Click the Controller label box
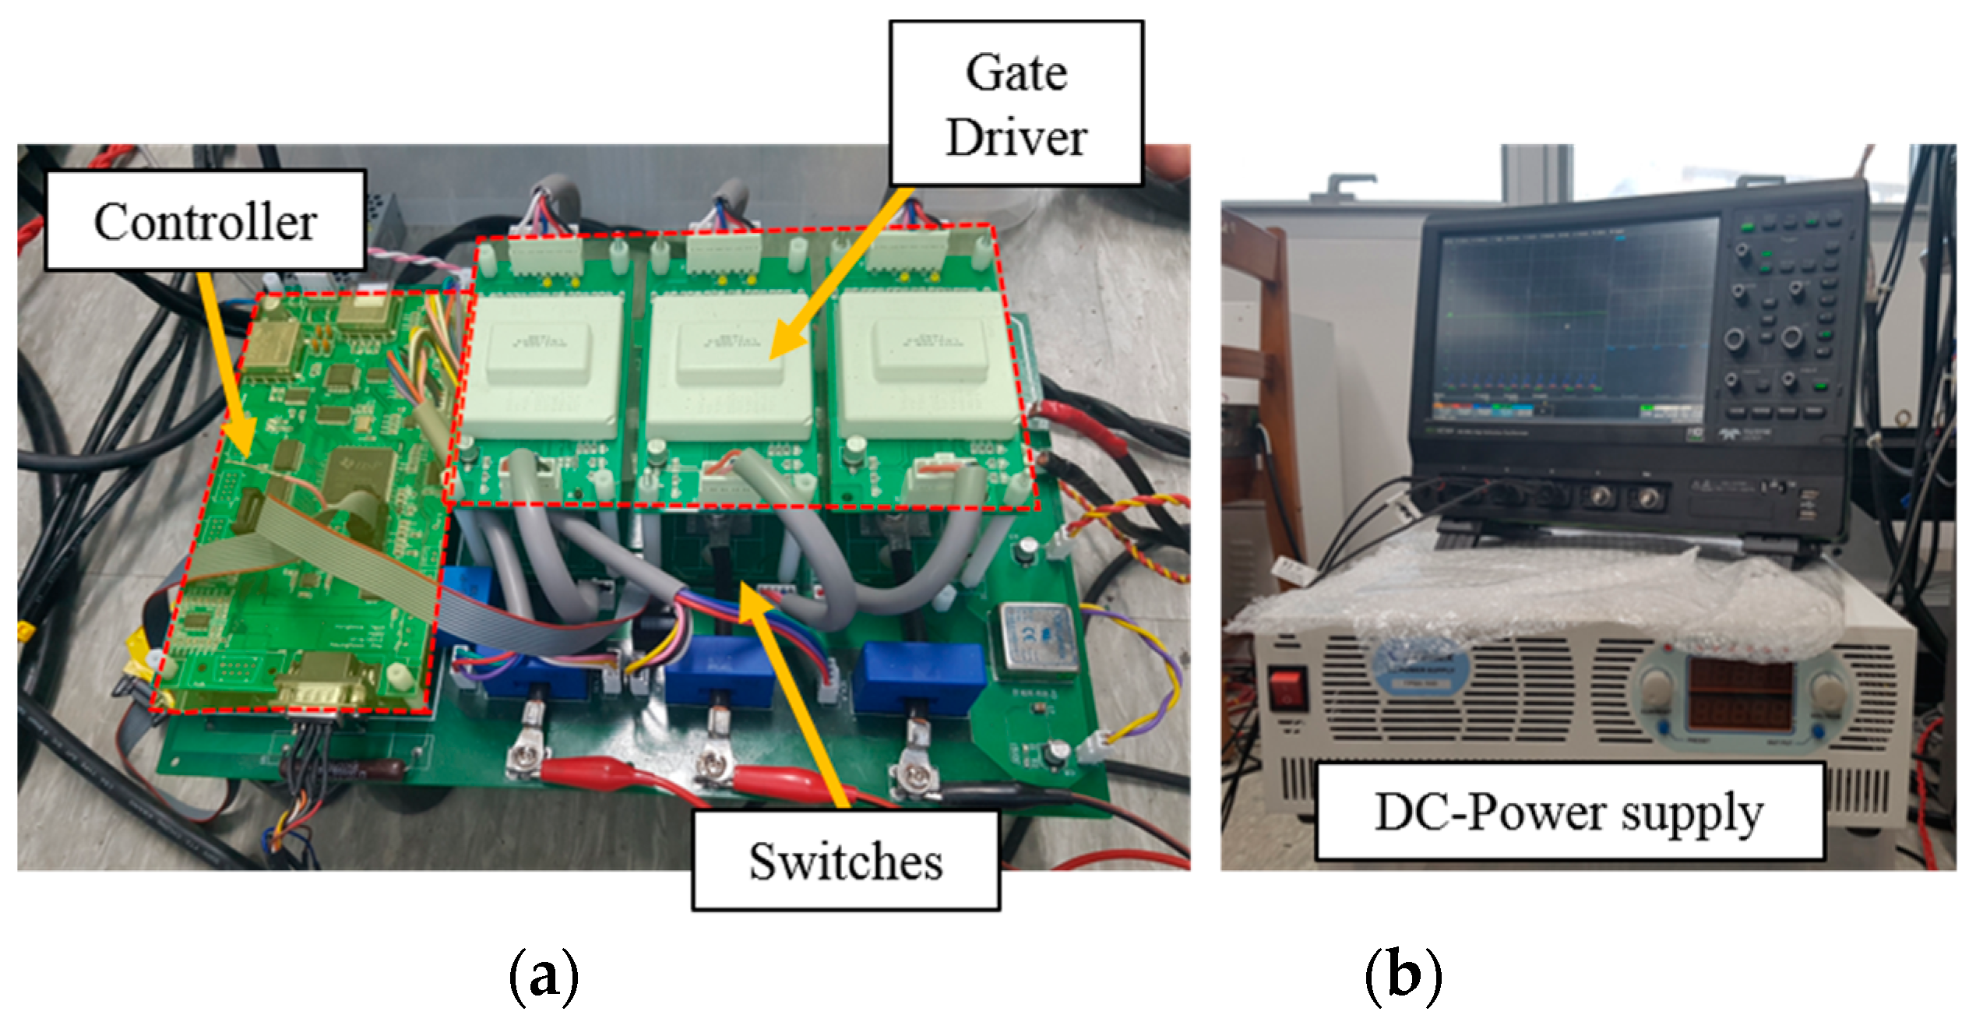(x=205, y=221)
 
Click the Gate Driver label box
(x=1016, y=104)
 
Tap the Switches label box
(x=845, y=862)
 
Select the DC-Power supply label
(x=1569, y=812)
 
